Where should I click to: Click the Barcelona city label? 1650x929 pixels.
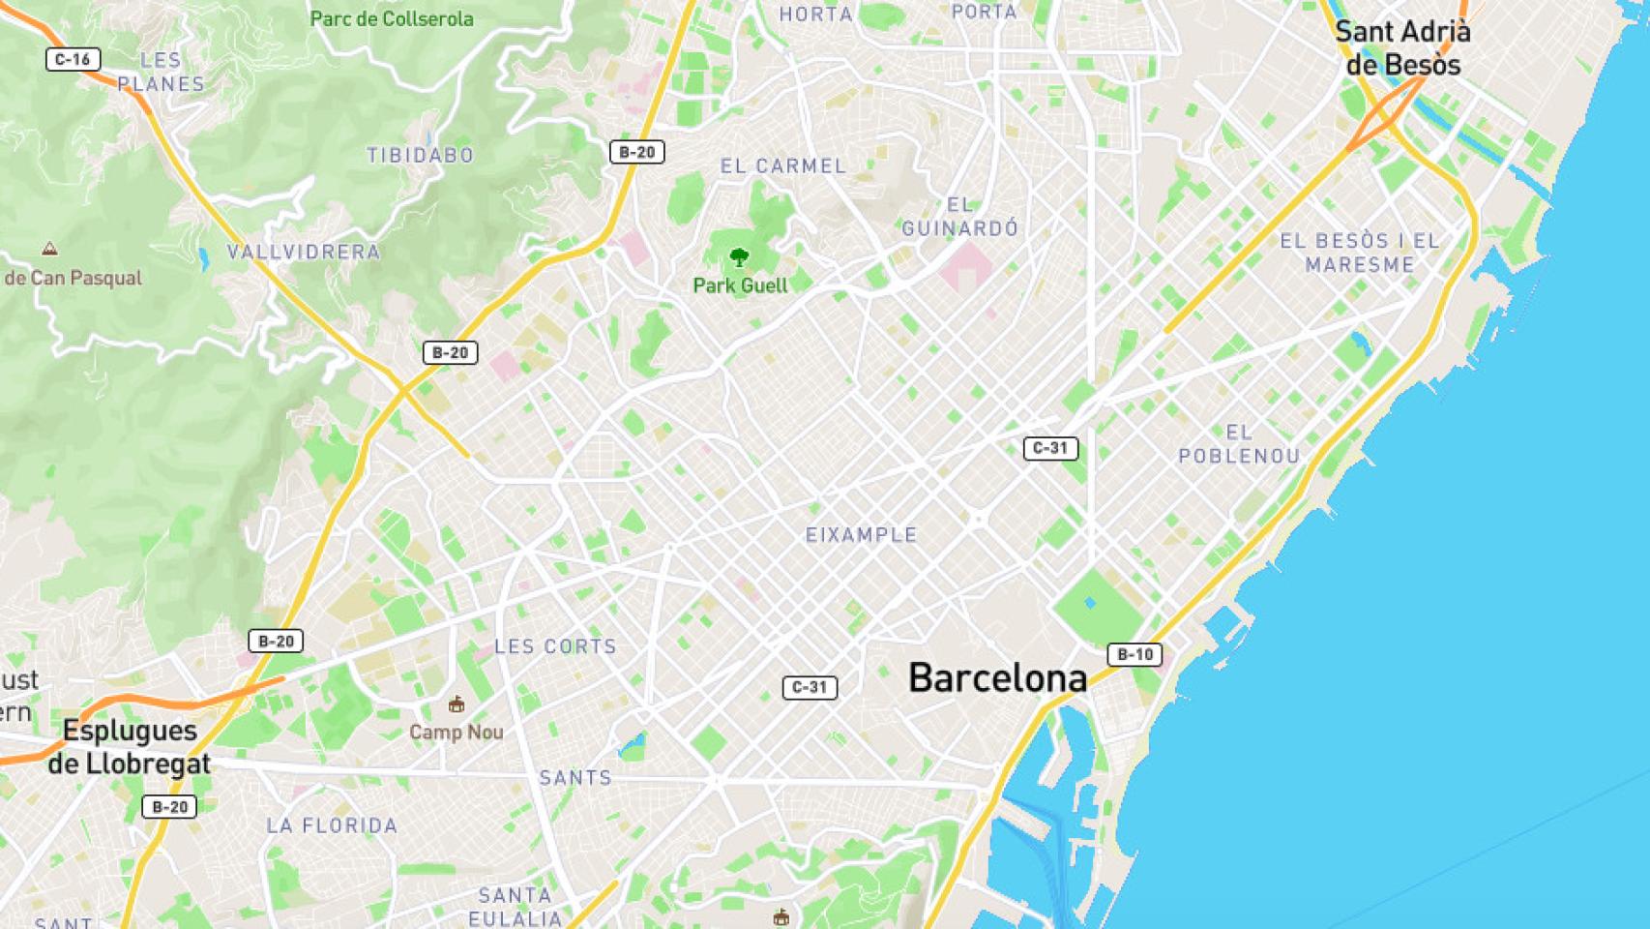click(x=997, y=678)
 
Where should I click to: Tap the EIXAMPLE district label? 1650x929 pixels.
click(x=861, y=534)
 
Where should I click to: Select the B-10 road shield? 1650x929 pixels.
click(x=1134, y=655)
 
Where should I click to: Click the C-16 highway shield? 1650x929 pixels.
click(x=73, y=59)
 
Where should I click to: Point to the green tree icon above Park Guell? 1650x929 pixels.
click(x=740, y=257)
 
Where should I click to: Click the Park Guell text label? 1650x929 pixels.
click(x=740, y=285)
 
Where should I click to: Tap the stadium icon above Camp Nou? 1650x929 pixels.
click(x=457, y=704)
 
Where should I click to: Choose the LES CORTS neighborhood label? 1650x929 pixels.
click(x=555, y=646)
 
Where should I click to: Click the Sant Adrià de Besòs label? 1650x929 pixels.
click(x=1402, y=48)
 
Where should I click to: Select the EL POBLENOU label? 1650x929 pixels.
click(x=1239, y=444)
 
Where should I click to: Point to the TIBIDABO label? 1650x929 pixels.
click(x=420, y=155)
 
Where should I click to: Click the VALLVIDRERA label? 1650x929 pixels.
click(x=304, y=252)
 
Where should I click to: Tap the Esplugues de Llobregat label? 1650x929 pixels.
click(x=130, y=747)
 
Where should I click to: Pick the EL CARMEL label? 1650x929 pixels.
click(x=783, y=165)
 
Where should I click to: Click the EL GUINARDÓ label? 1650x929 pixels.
click(x=960, y=217)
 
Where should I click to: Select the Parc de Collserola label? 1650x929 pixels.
click(x=392, y=18)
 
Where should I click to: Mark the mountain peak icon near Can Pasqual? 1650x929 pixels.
click(x=49, y=249)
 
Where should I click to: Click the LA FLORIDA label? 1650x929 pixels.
click(x=332, y=825)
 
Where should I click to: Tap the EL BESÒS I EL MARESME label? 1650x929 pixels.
click(x=1360, y=253)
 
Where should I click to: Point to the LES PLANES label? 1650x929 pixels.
click(x=161, y=73)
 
